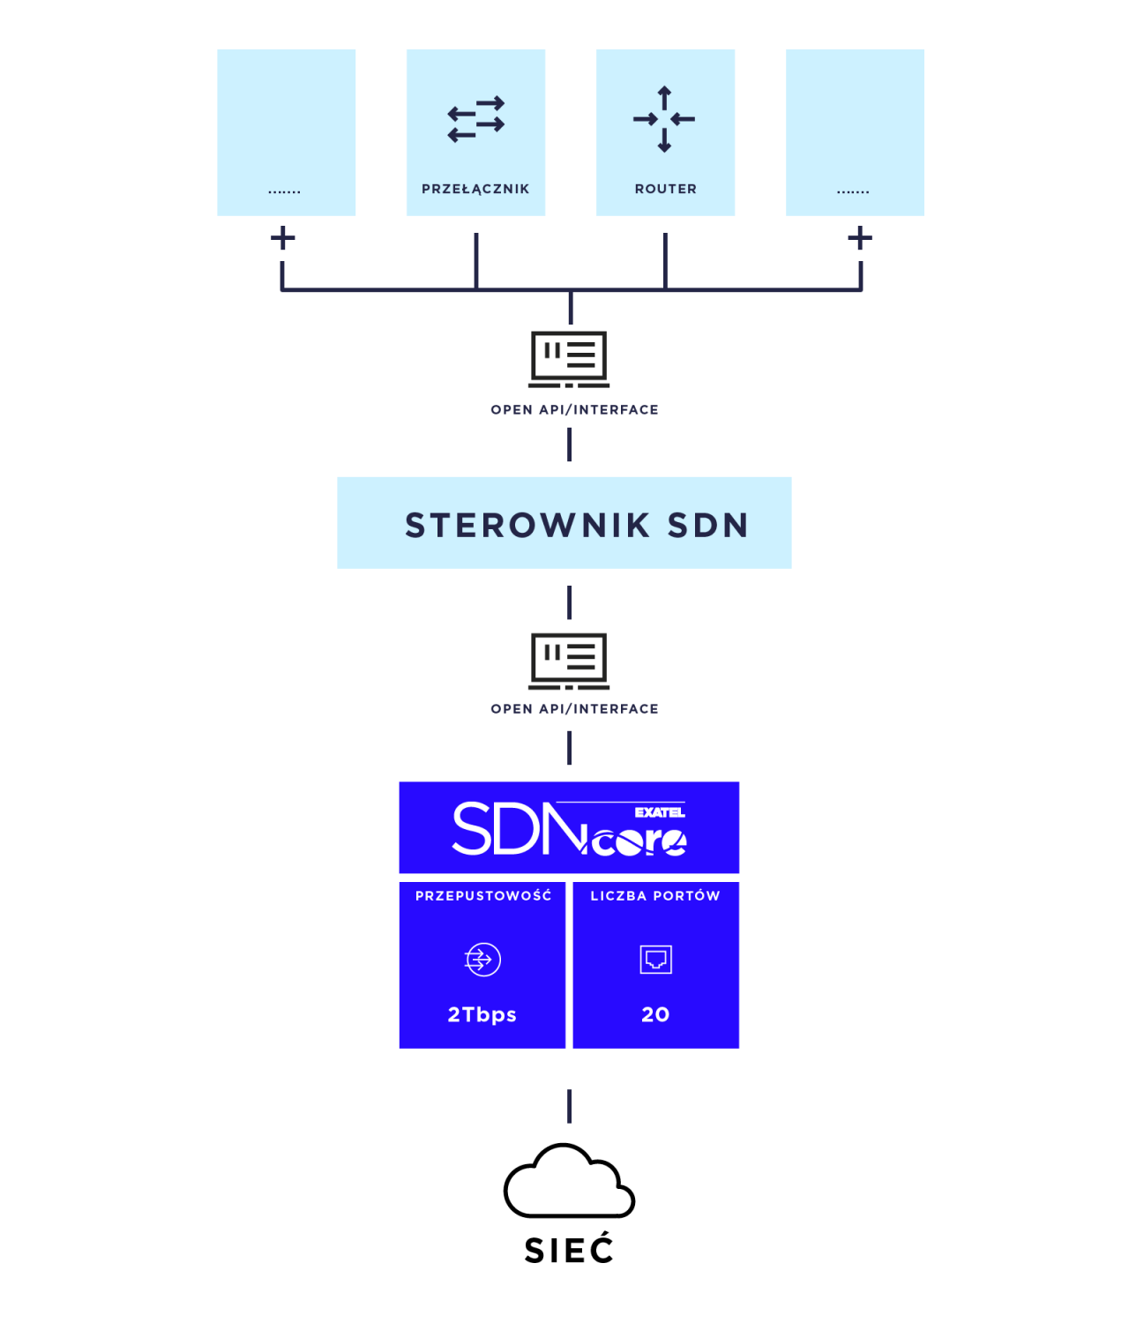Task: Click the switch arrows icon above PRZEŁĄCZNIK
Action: point(476,119)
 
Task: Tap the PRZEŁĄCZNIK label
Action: point(475,189)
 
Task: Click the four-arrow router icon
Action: point(664,119)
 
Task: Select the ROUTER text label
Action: point(665,189)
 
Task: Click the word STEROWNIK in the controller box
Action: point(527,526)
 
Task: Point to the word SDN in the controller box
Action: point(707,526)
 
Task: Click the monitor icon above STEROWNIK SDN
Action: point(569,358)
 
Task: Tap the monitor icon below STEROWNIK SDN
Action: point(569,661)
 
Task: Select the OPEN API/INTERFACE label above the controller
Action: point(574,410)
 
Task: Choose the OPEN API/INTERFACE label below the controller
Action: point(574,709)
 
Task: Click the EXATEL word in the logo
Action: point(660,812)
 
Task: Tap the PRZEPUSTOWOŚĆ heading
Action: point(483,896)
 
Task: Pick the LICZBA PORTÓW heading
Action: point(655,896)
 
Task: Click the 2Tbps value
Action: point(482,1014)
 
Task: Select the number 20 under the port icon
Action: point(655,1014)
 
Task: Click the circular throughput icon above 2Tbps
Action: point(482,960)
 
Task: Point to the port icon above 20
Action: point(655,960)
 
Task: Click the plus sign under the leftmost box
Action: point(283,237)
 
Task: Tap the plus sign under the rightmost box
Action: point(860,237)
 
